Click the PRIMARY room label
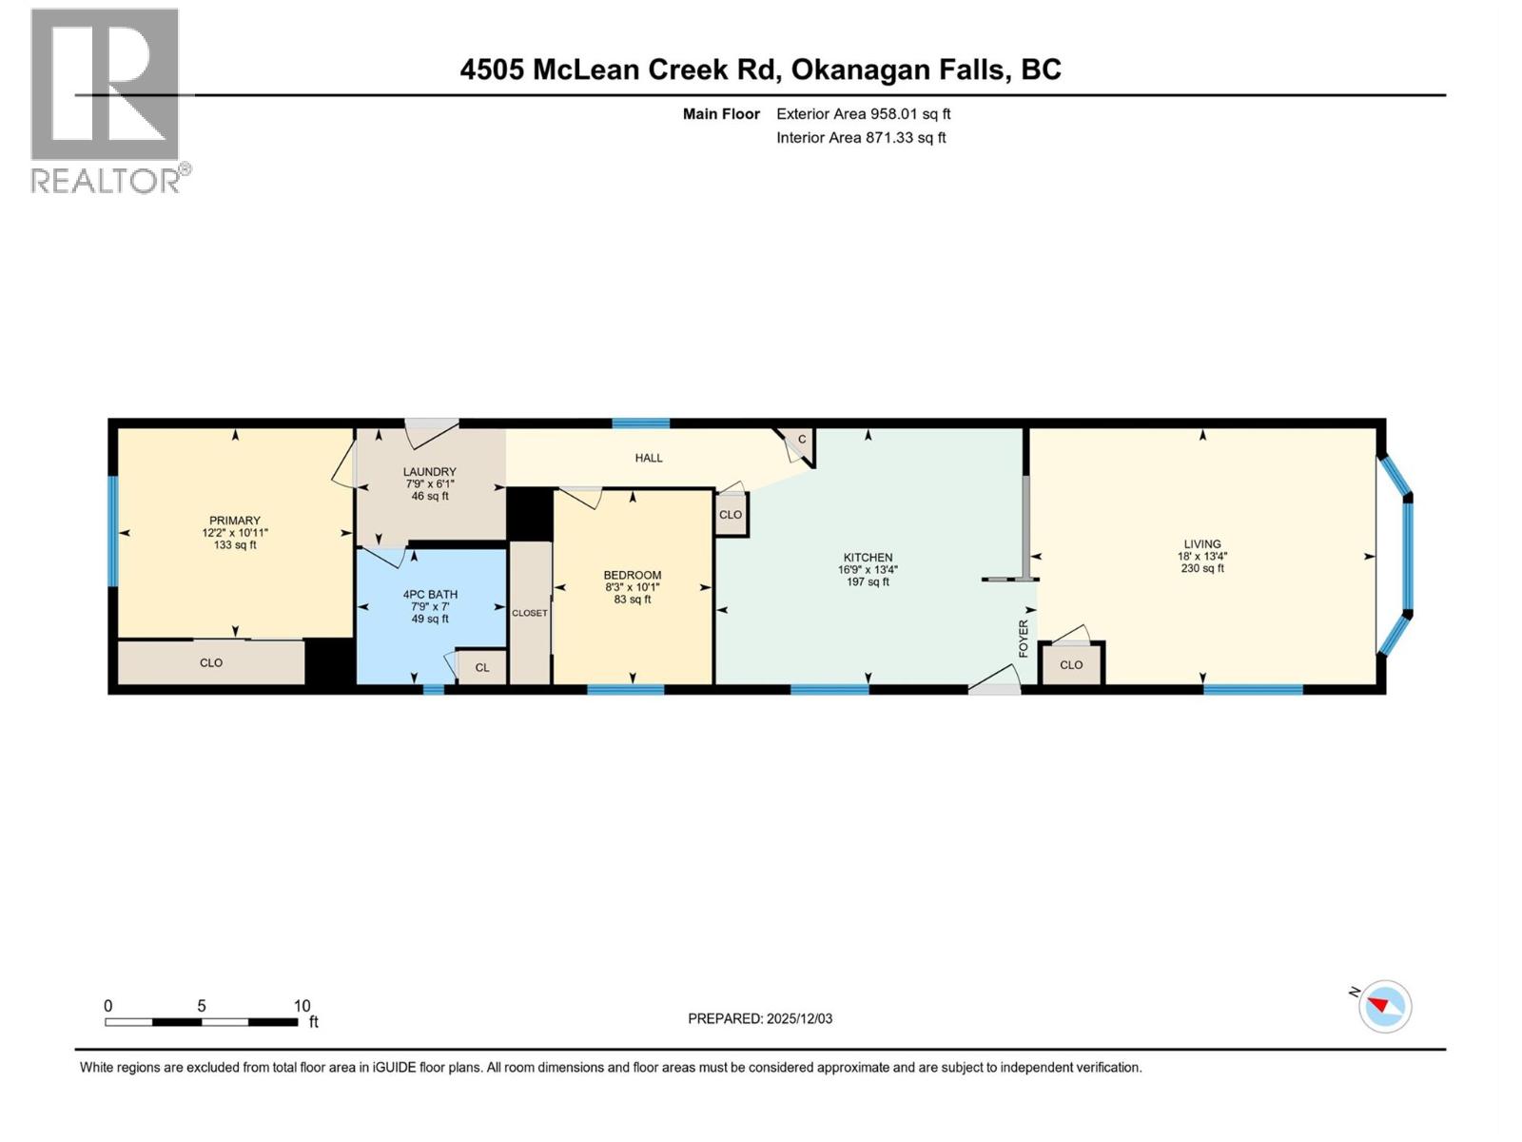[x=234, y=521]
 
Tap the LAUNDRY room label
[x=429, y=472]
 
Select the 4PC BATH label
[x=430, y=595]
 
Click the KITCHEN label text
[x=868, y=558]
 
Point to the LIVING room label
[x=1202, y=544]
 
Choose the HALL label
[x=649, y=458]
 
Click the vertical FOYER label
[x=1024, y=639]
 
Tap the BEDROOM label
[x=633, y=575]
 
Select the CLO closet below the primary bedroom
[x=211, y=662]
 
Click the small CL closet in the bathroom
[x=482, y=668]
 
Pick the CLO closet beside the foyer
[x=1071, y=665]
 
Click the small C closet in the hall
[x=802, y=439]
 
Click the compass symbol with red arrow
[x=1384, y=1006]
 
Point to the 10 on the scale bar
[x=302, y=1006]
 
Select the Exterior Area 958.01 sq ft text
[x=863, y=114]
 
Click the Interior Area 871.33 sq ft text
[x=861, y=138]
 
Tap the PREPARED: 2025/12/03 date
[x=760, y=1018]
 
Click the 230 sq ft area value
[x=1202, y=568]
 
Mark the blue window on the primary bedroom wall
[x=112, y=531]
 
